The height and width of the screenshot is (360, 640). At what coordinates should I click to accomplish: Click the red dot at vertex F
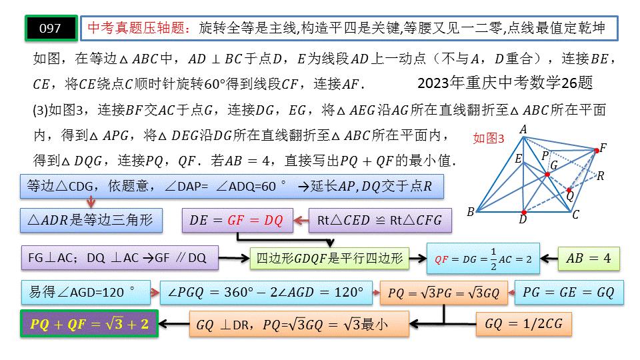(597, 151)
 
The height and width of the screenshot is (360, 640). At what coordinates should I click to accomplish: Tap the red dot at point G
(547, 174)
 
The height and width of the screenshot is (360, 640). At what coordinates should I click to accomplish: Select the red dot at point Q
(569, 189)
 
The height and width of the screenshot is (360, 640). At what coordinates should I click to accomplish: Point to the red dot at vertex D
(523, 211)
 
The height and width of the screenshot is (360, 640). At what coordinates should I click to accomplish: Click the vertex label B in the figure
(471, 213)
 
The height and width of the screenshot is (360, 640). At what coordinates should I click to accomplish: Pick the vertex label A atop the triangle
(523, 129)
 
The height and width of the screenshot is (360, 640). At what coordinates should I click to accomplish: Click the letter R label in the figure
(600, 176)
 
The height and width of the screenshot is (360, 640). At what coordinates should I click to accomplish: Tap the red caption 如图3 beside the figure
(489, 139)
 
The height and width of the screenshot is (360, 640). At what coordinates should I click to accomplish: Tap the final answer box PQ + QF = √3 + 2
(89, 324)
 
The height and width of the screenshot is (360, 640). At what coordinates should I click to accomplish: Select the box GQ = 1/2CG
(525, 324)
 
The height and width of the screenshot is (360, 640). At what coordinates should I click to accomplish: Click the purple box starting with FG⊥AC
(119, 259)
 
